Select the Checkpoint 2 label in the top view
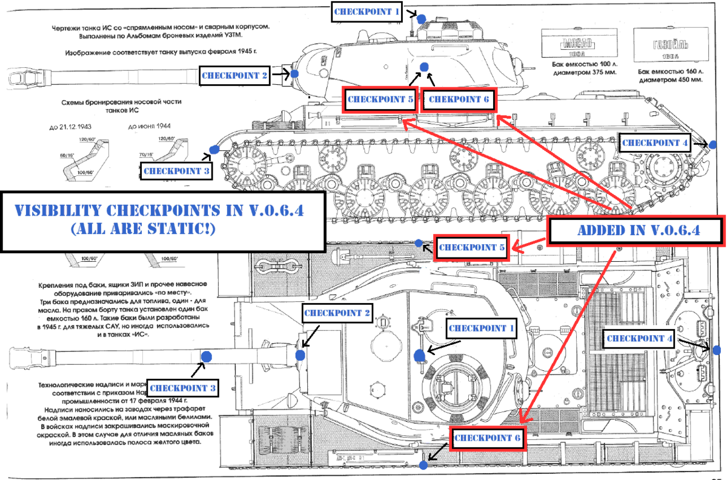pos(336,313)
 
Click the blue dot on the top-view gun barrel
pos(206,356)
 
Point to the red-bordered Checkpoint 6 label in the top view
pos(487,438)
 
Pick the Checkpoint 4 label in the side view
pos(656,143)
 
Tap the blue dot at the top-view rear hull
pos(717,350)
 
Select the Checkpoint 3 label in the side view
pos(176,172)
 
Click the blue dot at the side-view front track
pos(214,149)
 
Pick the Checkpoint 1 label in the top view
pos(482,328)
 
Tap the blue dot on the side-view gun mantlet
pos(294,74)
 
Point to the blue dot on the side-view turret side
pos(425,66)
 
